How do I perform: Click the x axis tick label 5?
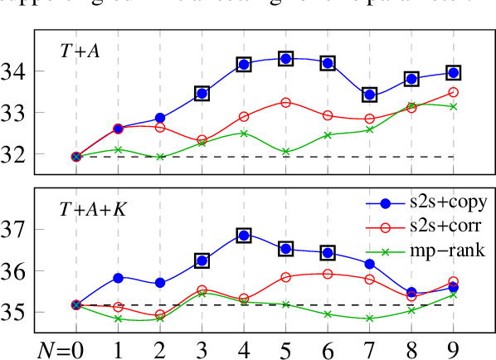285,343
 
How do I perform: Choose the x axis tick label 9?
453,343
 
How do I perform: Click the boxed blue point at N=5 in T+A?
285,59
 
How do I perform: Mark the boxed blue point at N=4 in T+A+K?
244,236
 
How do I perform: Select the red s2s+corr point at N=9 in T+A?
453,92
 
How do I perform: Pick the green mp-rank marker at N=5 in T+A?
285,152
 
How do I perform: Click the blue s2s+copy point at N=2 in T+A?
160,118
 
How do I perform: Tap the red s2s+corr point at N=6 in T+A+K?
328,274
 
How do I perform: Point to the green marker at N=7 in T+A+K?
369,318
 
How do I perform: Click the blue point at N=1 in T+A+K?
118,277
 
